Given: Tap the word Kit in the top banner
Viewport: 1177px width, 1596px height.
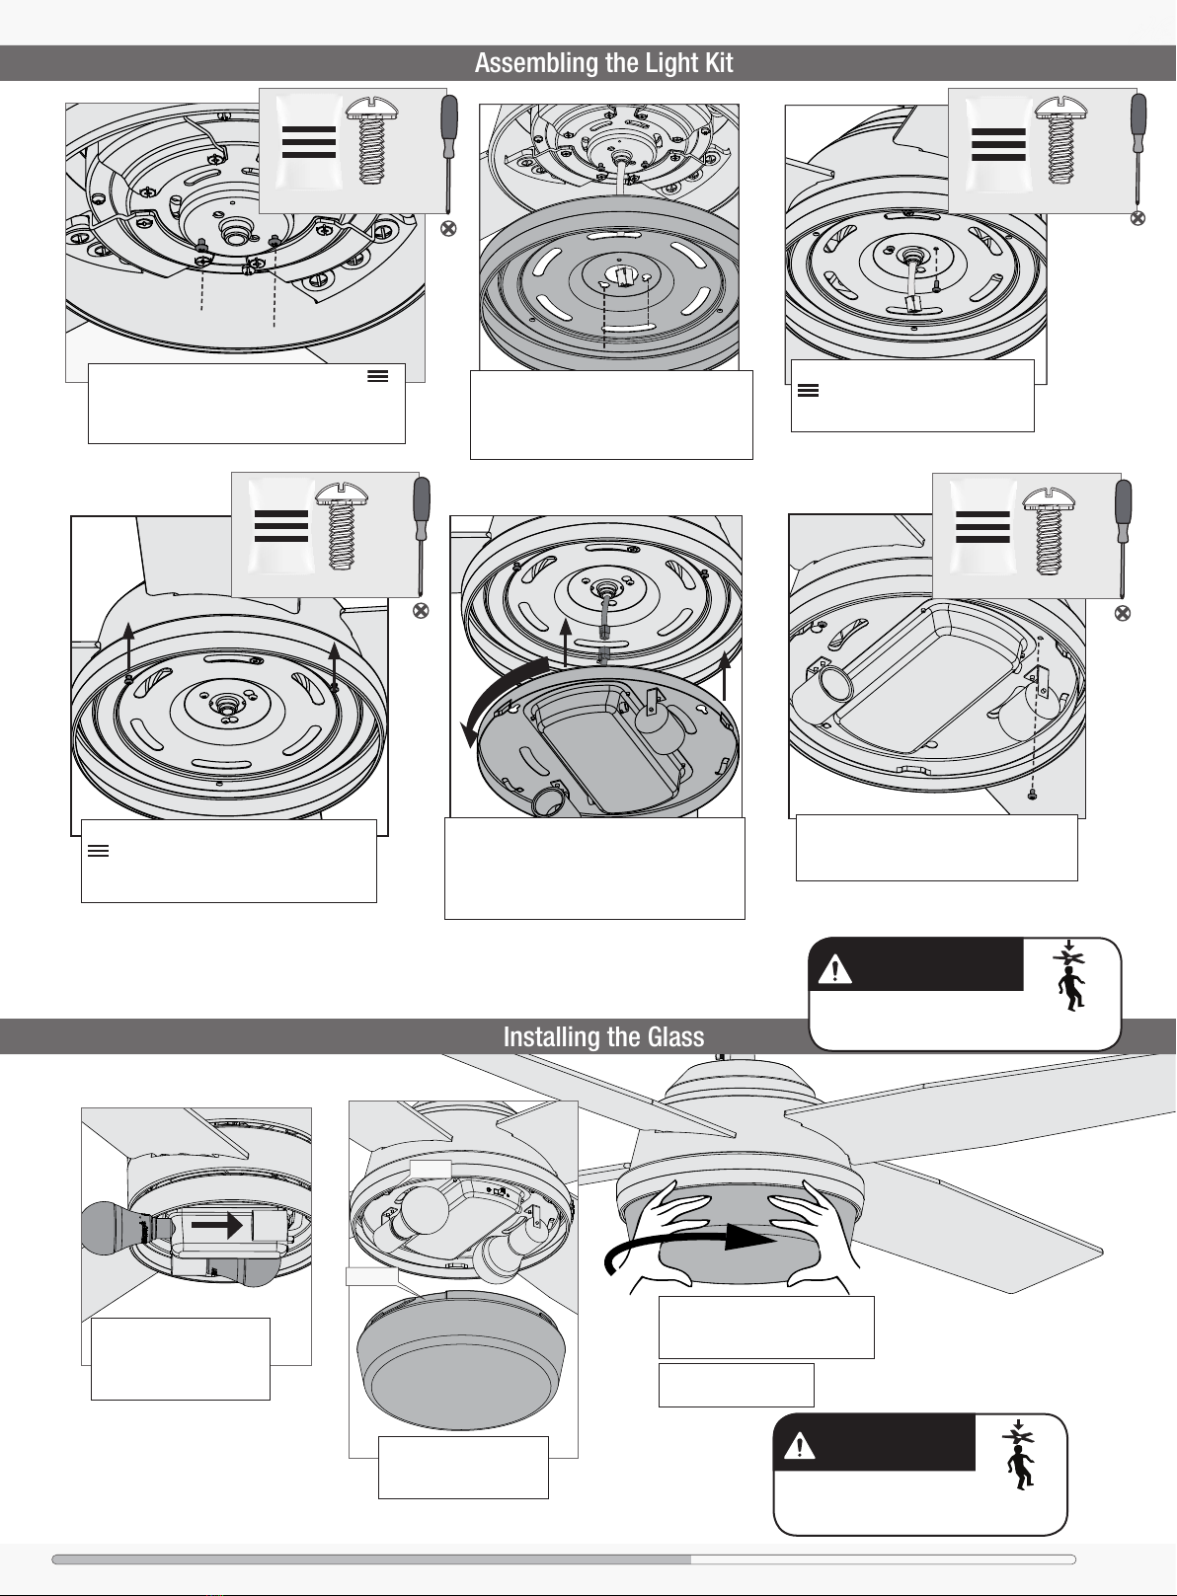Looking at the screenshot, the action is click(x=719, y=63).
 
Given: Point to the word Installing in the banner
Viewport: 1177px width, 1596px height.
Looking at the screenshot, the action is click(x=550, y=1037).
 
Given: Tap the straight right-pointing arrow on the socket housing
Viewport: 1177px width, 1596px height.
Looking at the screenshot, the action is click(x=218, y=1226).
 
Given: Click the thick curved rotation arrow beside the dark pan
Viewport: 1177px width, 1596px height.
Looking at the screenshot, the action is click(x=504, y=699).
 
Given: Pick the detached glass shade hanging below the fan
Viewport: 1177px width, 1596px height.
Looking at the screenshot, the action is click(x=460, y=1360).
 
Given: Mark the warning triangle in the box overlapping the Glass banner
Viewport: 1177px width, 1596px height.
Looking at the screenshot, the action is click(x=834, y=969).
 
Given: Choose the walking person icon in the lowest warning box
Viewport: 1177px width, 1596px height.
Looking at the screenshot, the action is click(x=1019, y=1466).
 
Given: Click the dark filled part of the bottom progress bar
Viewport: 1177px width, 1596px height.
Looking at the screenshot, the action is click(x=371, y=1559).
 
